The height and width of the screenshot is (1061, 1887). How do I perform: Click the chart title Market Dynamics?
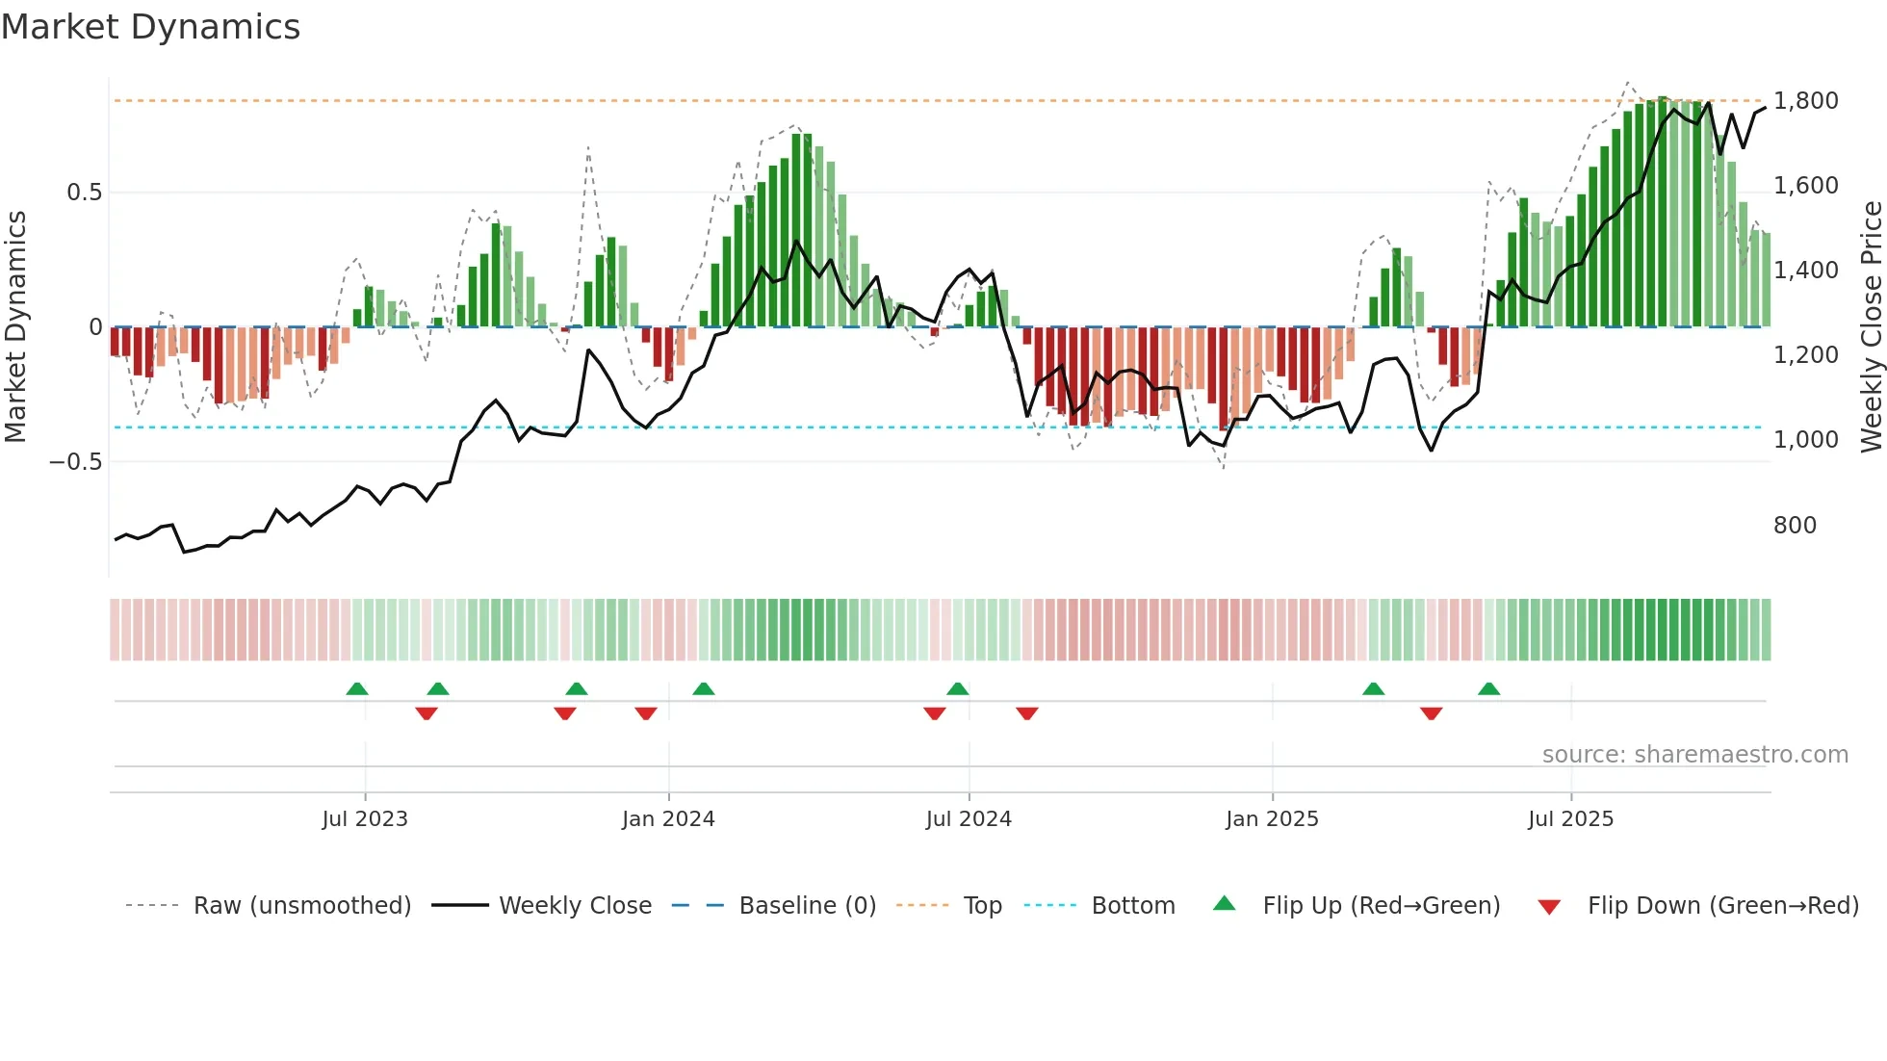[x=150, y=27]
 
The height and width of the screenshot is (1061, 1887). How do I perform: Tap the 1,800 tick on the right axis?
[x=1805, y=101]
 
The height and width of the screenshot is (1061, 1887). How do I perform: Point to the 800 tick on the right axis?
[x=1795, y=526]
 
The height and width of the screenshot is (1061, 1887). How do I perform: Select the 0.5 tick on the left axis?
[x=84, y=193]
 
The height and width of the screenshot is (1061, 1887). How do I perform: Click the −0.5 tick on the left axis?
[x=76, y=462]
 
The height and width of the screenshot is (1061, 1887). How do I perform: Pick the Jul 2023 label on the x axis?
[x=365, y=819]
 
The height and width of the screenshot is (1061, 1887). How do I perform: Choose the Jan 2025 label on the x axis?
[x=1272, y=819]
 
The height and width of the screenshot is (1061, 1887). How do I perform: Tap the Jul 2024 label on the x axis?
[x=969, y=819]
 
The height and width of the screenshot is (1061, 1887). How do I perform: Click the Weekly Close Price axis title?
[x=1871, y=326]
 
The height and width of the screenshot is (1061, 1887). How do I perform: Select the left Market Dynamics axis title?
[x=15, y=326]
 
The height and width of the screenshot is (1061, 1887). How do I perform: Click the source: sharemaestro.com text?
[x=1694, y=755]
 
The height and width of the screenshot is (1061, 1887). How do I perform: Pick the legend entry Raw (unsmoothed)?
[x=301, y=906]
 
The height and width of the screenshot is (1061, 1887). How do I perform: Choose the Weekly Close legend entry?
[x=575, y=906]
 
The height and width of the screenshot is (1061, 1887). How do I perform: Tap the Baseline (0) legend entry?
[x=807, y=906]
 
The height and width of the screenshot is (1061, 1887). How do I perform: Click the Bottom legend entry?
[x=1132, y=906]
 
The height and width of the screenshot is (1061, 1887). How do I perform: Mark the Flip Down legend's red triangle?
[x=1549, y=907]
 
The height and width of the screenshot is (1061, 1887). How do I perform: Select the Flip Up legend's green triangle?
[x=1224, y=903]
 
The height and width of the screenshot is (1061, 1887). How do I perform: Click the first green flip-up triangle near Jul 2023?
[x=357, y=689]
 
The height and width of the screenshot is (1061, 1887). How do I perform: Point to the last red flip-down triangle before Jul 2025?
[x=1431, y=713]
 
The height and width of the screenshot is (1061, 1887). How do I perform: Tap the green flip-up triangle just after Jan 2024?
[x=704, y=689]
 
